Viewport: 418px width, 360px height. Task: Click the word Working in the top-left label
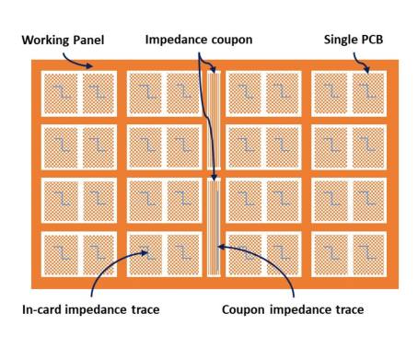(45, 41)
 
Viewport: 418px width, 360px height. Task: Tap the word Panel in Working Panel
(88, 40)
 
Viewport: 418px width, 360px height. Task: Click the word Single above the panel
(338, 40)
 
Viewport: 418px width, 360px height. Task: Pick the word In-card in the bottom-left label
(41, 309)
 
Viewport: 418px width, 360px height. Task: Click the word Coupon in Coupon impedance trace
(243, 310)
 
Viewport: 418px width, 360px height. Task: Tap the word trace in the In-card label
(145, 309)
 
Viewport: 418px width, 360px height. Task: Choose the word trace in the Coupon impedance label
(350, 309)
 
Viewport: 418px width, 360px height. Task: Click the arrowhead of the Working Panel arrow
(89, 65)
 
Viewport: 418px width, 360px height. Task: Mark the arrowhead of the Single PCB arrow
(366, 70)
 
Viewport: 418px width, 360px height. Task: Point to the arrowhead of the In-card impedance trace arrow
(145, 253)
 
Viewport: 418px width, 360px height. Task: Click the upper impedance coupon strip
(214, 120)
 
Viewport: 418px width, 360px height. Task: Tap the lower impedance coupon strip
(214, 227)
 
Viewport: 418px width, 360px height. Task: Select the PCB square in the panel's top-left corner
(61, 94)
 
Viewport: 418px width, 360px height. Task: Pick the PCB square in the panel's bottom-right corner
(368, 255)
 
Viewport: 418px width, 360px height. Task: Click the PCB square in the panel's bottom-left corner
(61, 255)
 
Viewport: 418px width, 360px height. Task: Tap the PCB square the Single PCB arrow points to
(368, 94)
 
